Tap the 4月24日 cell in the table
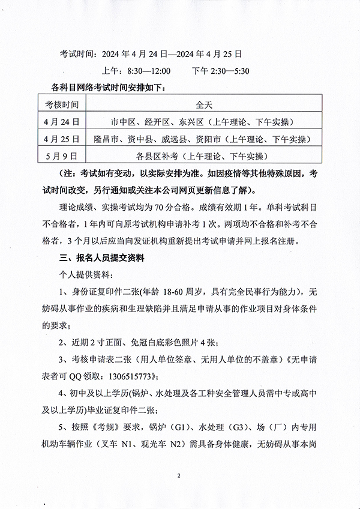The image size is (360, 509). [x=63, y=122]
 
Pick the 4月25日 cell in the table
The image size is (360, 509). [x=63, y=139]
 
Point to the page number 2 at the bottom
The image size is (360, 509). [x=179, y=476]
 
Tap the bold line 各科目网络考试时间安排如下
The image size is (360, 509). [x=108, y=88]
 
